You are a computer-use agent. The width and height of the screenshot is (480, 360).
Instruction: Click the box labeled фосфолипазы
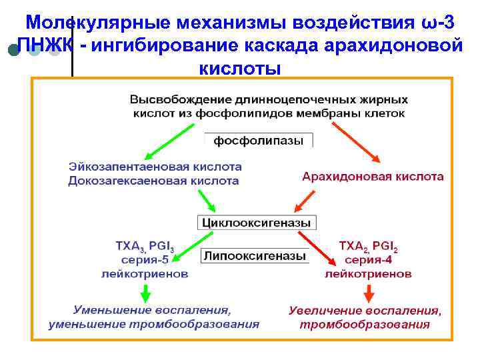tap(258, 141)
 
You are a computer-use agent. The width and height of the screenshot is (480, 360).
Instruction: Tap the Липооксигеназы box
tap(255, 256)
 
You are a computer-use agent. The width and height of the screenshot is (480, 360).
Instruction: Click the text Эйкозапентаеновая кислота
tap(155, 167)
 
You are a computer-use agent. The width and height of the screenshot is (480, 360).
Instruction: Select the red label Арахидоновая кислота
tap(372, 177)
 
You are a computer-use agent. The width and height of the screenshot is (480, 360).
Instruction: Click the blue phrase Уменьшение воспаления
tap(153, 310)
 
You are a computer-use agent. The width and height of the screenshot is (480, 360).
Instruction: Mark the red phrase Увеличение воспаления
tap(365, 310)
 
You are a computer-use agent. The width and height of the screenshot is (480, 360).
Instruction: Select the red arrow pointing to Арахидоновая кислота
tap(357, 142)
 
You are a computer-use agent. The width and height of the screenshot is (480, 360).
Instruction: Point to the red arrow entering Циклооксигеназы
tap(304, 199)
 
